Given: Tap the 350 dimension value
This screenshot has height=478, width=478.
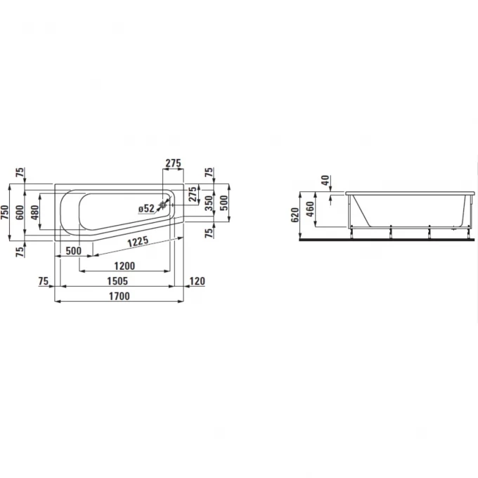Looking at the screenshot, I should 209,205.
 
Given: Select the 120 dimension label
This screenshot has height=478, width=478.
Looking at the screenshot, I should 198,281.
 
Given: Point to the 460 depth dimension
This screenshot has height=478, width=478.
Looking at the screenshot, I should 309,209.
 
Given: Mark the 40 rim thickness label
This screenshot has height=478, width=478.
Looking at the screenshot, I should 324,180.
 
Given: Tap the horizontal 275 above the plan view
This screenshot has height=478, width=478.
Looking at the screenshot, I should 173,163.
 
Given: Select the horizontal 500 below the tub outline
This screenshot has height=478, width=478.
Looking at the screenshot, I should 73,251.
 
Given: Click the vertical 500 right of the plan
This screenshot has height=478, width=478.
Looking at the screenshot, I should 224,203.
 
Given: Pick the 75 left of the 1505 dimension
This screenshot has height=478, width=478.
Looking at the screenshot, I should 44,281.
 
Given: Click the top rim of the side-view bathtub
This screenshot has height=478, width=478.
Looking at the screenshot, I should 408,191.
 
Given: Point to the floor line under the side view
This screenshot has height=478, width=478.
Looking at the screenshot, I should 394,238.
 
